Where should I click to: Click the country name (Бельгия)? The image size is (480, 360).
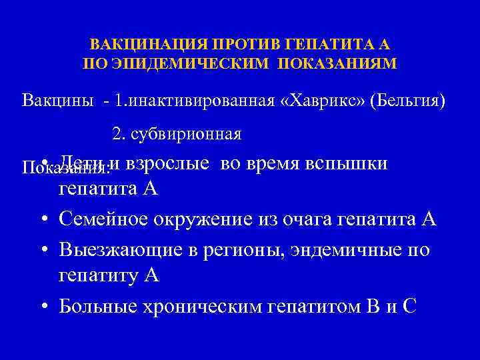click(x=407, y=101)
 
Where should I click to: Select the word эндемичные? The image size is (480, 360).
click(x=350, y=250)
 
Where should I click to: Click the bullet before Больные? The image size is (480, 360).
click(x=43, y=307)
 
